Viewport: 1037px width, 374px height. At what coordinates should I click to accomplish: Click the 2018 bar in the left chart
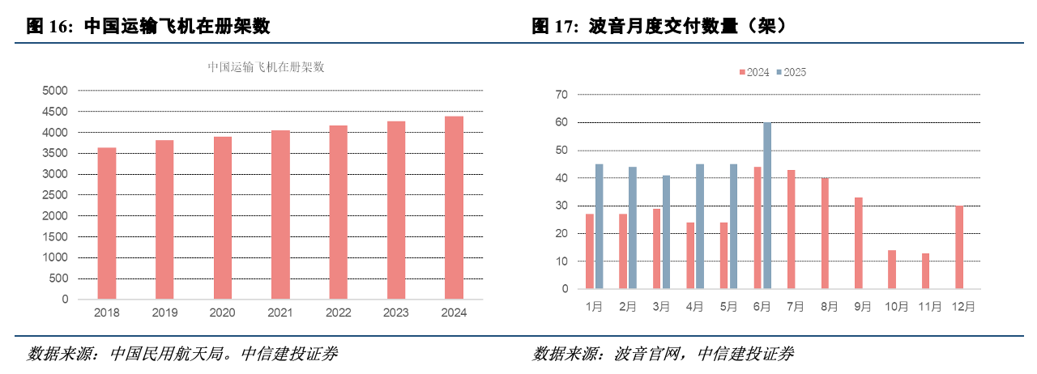click(107, 223)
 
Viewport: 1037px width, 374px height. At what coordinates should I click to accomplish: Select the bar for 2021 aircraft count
click(280, 215)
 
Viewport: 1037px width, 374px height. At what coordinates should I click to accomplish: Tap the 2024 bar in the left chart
click(454, 207)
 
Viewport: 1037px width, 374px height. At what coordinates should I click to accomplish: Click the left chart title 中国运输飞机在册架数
click(266, 67)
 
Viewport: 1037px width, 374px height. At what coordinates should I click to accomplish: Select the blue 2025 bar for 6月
click(767, 206)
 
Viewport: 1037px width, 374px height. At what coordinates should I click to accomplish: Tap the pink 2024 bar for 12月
click(959, 248)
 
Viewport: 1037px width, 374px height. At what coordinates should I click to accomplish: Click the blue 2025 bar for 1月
click(600, 227)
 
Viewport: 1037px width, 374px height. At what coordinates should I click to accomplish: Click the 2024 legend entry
click(754, 73)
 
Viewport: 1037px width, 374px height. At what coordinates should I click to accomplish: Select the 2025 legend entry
click(792, 73)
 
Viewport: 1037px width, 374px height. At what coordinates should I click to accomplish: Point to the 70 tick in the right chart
click(561, 95)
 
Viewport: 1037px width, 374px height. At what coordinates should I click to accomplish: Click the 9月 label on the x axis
click(862, 307)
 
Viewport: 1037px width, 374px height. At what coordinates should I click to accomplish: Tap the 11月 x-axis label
click(930, 307)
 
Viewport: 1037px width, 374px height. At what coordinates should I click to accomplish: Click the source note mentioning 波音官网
click(663, 354)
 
